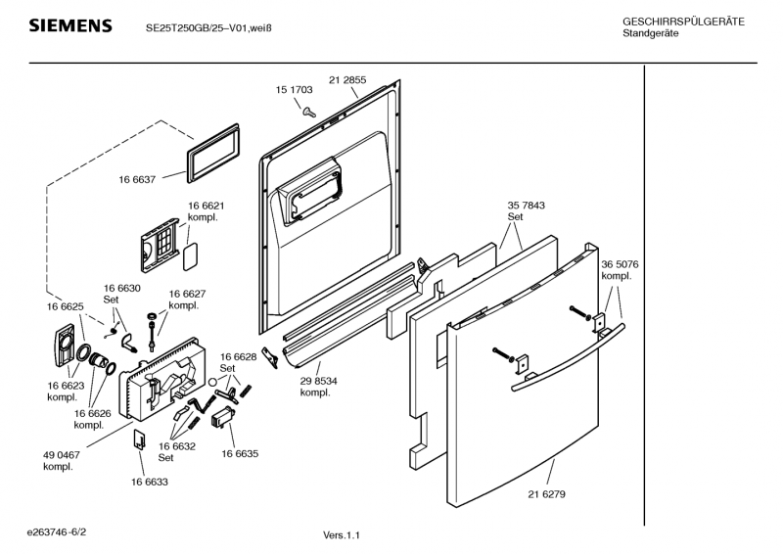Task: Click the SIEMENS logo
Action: (x=69, y=25)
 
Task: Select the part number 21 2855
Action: (x=347, y=79)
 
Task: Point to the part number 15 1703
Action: (x=294, y=89)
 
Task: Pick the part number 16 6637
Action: (x=138, y=179)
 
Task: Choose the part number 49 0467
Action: (x=62, y=455)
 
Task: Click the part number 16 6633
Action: (x=149, y=482)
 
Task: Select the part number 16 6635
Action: (x=240, y=454)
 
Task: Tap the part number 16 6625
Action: (x=66, y=307)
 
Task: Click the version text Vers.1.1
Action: (x=342, y=535)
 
